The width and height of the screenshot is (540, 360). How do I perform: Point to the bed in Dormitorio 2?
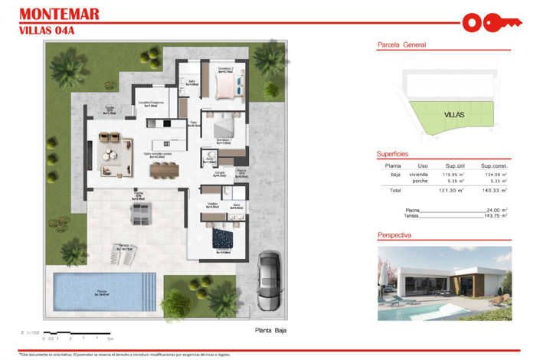(x=228, y=87)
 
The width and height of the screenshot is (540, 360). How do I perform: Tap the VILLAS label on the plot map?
(x=454, y=115)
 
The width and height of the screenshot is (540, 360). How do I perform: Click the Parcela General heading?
(x=402, y=45)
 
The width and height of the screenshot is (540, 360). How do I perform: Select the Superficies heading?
(x=393, y=153)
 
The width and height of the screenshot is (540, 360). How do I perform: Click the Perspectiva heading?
(x=395, y=235)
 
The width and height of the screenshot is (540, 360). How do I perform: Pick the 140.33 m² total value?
(x=494, y=190)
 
